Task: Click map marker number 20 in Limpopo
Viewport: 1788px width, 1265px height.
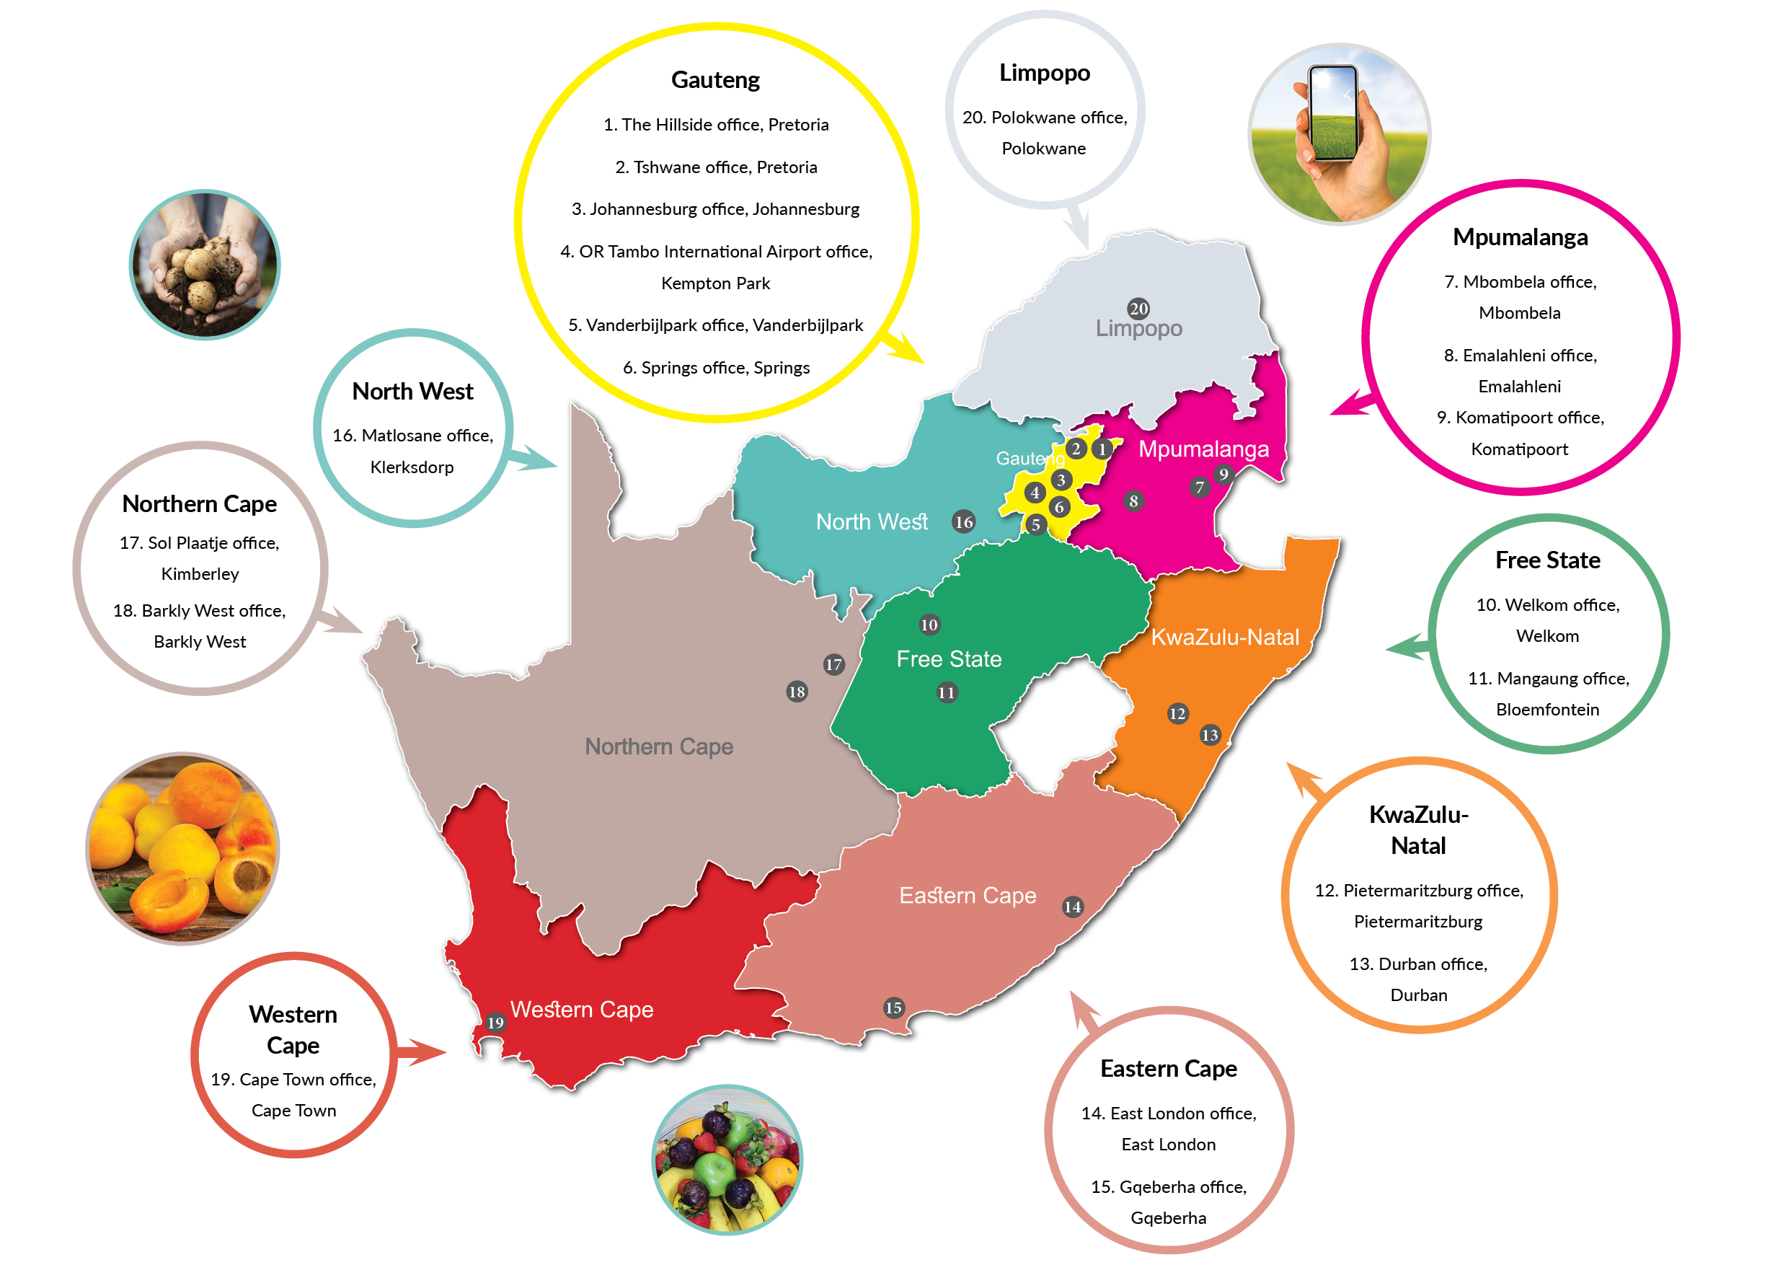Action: point(1138,309)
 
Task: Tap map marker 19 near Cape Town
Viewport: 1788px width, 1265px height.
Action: point(495,1022)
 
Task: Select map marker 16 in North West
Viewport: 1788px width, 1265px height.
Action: point(964,522)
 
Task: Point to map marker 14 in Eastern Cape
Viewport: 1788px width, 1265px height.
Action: point(1073,906)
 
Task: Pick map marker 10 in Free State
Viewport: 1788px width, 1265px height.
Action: point(929,624)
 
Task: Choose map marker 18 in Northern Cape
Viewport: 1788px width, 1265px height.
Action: point(797,691)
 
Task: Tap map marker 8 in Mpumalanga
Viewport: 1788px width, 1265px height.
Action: point(1134,501)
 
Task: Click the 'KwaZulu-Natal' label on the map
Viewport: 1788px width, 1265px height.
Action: point(1225,637)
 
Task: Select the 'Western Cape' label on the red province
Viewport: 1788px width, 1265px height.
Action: point(582,1009)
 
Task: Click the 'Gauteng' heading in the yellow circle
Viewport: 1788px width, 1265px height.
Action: point(715,80)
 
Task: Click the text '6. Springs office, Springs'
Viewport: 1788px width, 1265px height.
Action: point(716,368)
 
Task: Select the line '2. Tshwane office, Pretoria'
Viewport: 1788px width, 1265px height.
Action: point(716,167)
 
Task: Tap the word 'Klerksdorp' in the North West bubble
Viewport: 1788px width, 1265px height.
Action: point(412,467)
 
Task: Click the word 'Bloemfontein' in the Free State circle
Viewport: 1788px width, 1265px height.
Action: point(1547,710)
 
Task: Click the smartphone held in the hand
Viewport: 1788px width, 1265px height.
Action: point(1333,113)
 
